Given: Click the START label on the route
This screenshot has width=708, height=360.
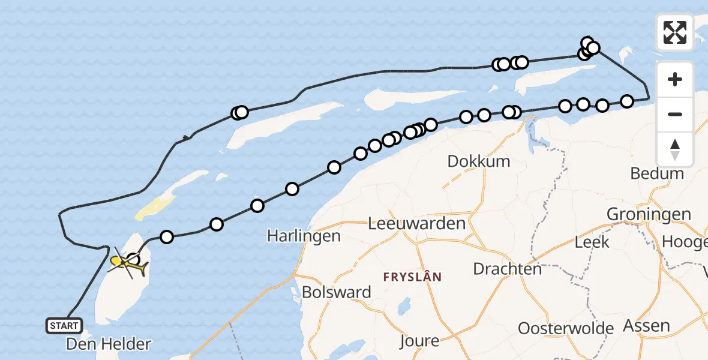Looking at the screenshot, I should tap(64, 326).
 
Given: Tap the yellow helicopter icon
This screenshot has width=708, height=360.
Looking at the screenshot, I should tap(128, 264).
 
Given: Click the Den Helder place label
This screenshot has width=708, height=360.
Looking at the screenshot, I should tap(108, 344).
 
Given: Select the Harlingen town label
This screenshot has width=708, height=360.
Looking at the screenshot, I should tap(304, 236).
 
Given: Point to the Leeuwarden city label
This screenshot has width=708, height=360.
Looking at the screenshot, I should tap(417, 224).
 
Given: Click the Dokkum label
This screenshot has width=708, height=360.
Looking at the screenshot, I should tap(479, 161).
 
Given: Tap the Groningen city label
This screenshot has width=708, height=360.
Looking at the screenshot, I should tap(649, 214).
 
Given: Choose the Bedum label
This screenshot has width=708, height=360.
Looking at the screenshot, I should tap(657, 173).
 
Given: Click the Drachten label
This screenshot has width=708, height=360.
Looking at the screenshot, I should tap(508, 268).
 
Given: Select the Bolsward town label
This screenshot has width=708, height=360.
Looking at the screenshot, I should tap(337, 292).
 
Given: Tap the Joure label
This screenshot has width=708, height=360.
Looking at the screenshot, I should tap(419, 341).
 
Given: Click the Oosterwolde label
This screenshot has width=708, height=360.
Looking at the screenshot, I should tap(566, 328).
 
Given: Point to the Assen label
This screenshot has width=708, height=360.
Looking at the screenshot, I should tap(647, 325).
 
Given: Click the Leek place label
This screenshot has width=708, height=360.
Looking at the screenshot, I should tap(592, 242).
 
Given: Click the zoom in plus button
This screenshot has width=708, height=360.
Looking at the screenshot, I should tap(675, 80).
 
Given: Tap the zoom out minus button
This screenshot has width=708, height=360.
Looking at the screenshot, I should tap(675, 114).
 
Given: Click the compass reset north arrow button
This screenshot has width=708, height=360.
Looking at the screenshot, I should tap(675, 149).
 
